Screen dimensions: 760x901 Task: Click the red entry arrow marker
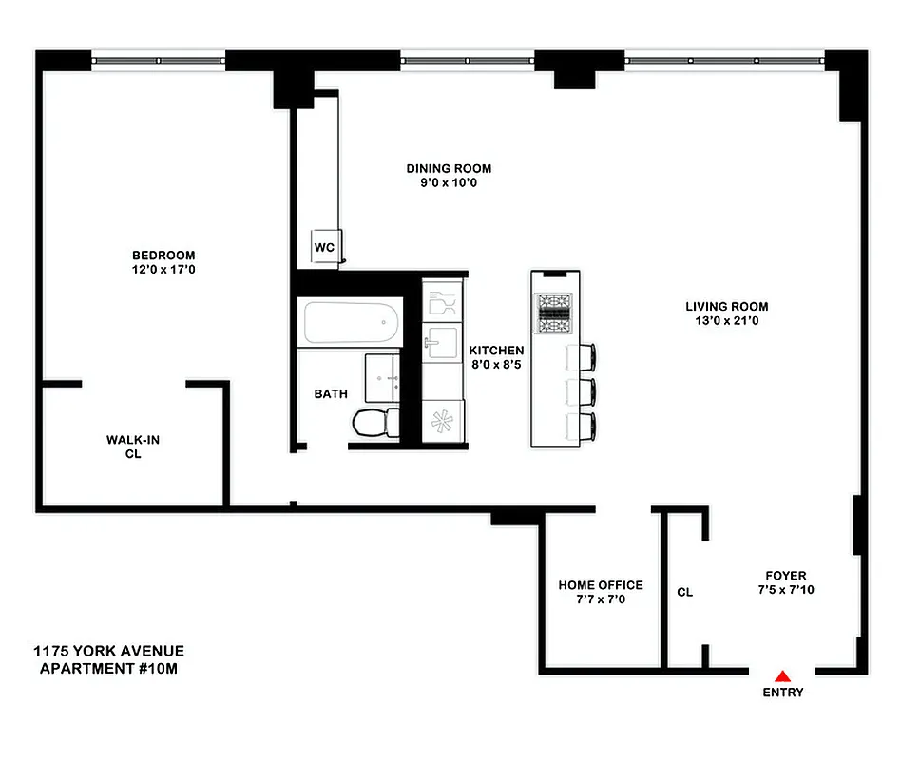pyautogui.click(x=782, y=675)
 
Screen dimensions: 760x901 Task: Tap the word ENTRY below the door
pyautogui.click(x=782, y=693)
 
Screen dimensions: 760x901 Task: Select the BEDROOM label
pyautogui.click(x=163, y=255)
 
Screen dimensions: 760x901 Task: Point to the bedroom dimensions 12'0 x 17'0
pyautogui.click(x=163, y=270)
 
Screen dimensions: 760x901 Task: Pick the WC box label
pyautogui.click(x=325, y=247)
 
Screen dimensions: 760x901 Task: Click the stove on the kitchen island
pyautogui.click(x=555, y=312)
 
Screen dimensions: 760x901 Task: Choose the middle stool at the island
pyautogui.click(x=583, y=391)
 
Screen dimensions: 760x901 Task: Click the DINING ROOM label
pyautogui.click(x=449, y=168)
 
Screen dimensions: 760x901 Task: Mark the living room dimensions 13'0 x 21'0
pyautogui.click(x=727, y=321)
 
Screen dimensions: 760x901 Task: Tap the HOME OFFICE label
pyautogui.click(x=601, y=585)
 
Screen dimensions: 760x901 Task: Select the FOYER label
pyautogui.click(x=786, y=576)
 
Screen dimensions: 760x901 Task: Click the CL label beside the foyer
pyautogui.click(x=684, y=592)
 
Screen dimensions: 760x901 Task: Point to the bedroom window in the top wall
pyautogui.click(x=159, y=60)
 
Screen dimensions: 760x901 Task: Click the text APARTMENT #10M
pyautogui.click(x=108, y=668)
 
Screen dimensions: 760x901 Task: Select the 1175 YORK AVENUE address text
pyautogui.click(x=108, y=651)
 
